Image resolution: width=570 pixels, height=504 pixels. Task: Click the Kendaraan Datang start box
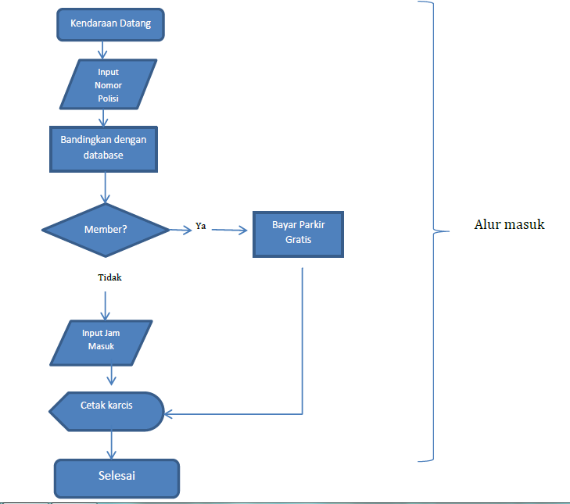click(x=110, y=24)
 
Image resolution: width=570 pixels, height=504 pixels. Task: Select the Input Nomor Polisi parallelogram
click(x=104, y=84)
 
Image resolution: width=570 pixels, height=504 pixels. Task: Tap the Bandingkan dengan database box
click(x=103, y=148)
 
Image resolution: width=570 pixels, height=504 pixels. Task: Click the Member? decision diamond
click(x=105, y=230)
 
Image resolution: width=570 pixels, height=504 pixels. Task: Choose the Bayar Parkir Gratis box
click(x=298, y=233)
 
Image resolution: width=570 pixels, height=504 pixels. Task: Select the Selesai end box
click(x=117, y=476)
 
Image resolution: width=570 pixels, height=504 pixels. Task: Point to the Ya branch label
click(x=200, y=227)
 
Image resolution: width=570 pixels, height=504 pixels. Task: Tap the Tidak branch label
click(x=109, y=277)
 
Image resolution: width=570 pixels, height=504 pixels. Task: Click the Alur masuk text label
click(x=509, y=224)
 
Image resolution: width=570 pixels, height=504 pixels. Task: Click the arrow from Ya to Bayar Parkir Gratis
click(x=229, y=230)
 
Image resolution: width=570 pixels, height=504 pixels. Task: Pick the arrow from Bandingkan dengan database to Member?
click(x=105, y=188)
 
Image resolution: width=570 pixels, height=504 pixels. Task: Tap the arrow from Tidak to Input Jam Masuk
click(x=105, y=305)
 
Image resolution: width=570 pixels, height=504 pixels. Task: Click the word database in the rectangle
click(x=103, y=155)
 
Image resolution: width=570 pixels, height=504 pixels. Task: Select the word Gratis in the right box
click(x=298, y=240)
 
